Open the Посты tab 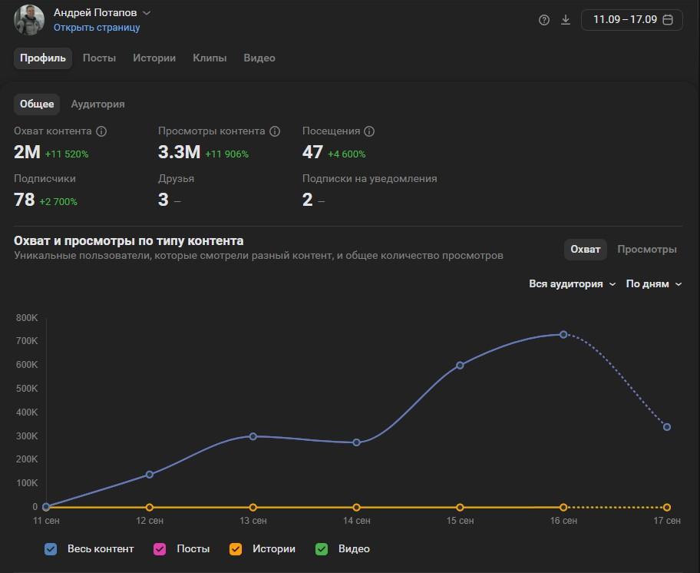click(x=99, y=58)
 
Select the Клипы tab click(x=210, y=58)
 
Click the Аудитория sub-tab click(x=97, y=104)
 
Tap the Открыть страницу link click(x=97, y=27)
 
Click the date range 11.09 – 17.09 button click(x=632, y=20)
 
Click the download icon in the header click(x=566, y=20)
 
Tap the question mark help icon click(x=543, y=20)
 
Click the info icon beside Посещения click(x=369, y=131)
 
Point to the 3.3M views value click(x=179, y=152)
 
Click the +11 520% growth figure click(x=67, y=154)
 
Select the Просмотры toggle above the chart click(x=647, y=249)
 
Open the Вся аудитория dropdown click(x=572, y=284)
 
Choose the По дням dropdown click(x=654, y=284)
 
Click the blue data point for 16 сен click(x=563, y=335)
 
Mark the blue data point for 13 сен click(x=253, y=436)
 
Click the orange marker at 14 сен click(x=356, y=508)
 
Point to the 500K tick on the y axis click(x=27, y=389)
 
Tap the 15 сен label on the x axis click(x=460, y=521)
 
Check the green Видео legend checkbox click(x=322, y=549)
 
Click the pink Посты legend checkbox click(x=160, y=549)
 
